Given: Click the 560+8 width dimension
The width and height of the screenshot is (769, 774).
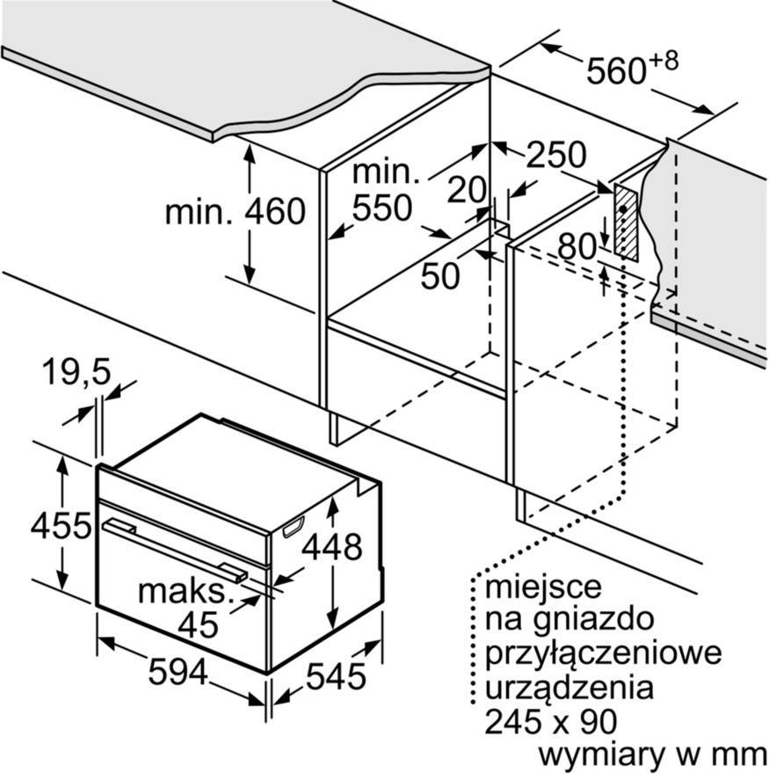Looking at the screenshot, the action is pyautogui.click(x=633, y=68).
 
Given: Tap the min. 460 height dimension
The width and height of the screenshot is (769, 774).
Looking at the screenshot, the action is pyautogui.click(x=236, y=212).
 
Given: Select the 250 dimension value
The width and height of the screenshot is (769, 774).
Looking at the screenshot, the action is pyautogui.click(x=556, y=155).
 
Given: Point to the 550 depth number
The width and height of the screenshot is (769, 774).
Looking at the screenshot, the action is pyautogui.click(x=381, y=208).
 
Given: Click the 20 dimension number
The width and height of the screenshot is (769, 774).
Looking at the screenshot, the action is pyautogui.click(x=468, y=190).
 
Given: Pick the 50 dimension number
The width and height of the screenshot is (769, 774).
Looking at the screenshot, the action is pyautogui.click(x=440, y=275).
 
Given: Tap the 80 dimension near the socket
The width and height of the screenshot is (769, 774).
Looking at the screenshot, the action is pyautogui.click(x=577, y=246).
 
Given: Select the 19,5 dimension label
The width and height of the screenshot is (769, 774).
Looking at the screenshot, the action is pyautogui.click(x=76, y=372).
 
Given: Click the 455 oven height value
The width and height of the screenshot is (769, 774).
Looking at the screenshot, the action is pyautogui.click(x=62, y=525).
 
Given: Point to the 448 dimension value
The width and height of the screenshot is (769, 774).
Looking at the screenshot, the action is pyautogui.click(x=332, y=546).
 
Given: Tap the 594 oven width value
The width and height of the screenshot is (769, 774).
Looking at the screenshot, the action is pyautogui.click(x=178, y=671).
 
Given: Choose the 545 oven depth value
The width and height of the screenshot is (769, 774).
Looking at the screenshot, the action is pyautogui.click(x=336, y=675).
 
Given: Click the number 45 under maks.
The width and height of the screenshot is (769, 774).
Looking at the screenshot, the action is pyautogui.click(x=198, y=624).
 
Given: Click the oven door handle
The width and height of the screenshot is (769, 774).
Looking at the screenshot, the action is pyautogui.click(x=175, y=550).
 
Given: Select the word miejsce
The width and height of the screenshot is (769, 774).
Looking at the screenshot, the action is pyautogui.click(x=543, y=587).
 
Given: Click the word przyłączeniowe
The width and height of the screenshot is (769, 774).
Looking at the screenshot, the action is pyautogui.click(x=603, y=653).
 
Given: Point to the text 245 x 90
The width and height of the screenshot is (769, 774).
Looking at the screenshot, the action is pyautogui.click(x=550, y=721).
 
